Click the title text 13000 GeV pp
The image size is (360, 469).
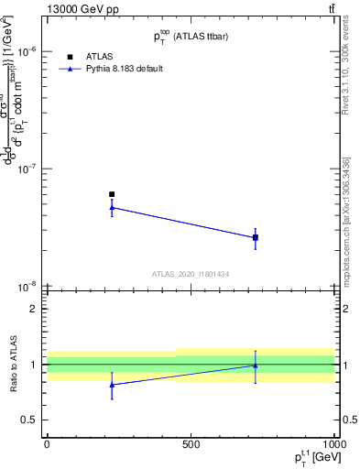[x=82, y=10]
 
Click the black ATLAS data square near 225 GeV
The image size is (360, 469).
[x=112, y=194]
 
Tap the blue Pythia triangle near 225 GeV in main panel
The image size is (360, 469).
[x=112, y=207]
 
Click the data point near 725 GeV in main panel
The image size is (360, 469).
[x=256, y=237]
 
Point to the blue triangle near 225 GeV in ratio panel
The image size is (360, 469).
[x=112, y=385]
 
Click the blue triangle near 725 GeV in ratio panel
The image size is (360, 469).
[x=256, y=365]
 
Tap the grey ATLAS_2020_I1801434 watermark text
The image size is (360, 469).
[x=191, y=274]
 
